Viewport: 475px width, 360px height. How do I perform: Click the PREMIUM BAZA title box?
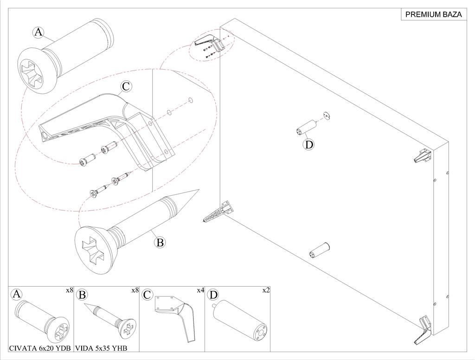pos(433,14)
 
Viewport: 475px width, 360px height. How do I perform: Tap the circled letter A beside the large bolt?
pos(38,32)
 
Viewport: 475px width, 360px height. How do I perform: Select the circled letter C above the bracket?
pos(126,86)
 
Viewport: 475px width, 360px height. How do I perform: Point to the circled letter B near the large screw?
pos(160,242)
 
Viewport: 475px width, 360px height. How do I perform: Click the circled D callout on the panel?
pos(309,144)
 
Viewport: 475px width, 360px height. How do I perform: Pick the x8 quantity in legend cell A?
pos(70,290)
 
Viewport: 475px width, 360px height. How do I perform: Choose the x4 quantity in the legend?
pos(200,290)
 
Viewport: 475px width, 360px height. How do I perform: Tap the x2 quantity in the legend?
pos(266,290)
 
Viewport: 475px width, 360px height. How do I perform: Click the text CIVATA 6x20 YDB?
pos(40,347)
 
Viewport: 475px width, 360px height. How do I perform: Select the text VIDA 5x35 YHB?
pos(101,347)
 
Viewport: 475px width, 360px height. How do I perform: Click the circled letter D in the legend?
pos(213,295)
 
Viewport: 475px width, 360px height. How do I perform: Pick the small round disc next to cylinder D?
pos(326,115)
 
